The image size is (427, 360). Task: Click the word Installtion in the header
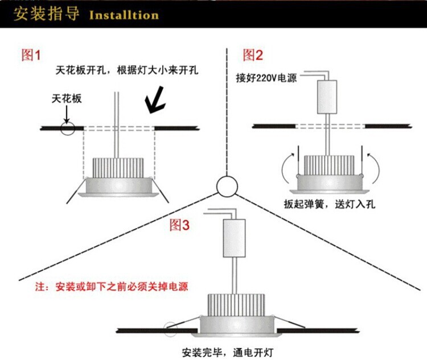124,15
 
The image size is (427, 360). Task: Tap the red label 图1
31,55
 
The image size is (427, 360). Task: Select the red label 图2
253,55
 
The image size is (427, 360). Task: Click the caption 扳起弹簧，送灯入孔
327,204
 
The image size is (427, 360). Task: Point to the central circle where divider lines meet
226,186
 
